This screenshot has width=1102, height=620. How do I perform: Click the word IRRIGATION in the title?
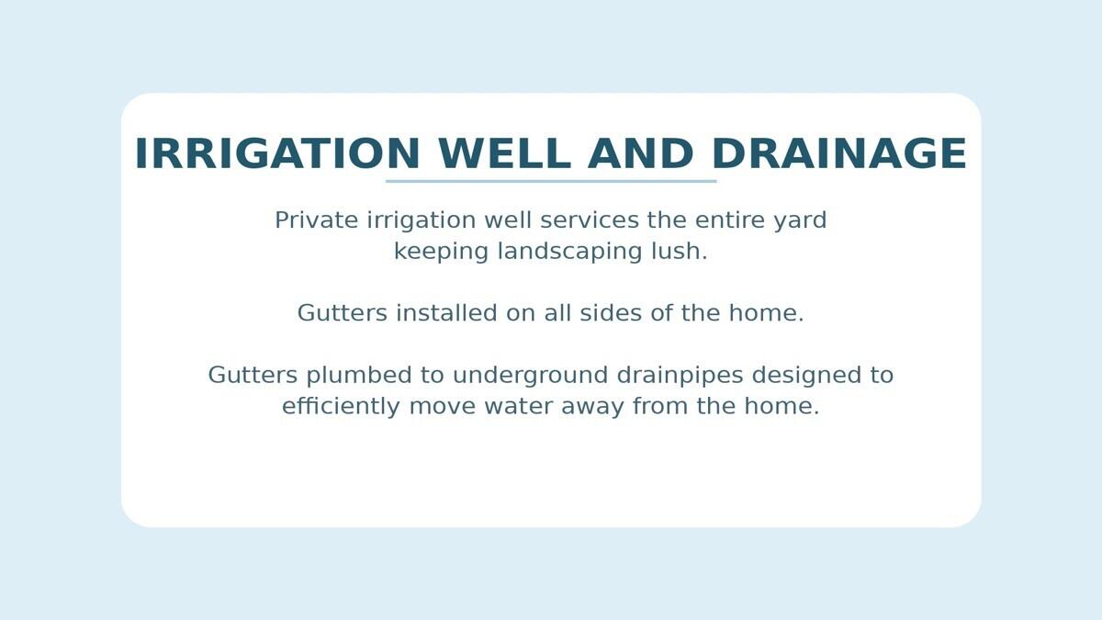[277, 153]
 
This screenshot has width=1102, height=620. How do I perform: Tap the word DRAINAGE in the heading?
[839, 153]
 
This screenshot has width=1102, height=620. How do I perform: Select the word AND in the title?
[641, 153]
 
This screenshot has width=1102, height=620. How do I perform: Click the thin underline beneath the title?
[551, 181]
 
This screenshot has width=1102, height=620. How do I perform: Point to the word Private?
[316, 220]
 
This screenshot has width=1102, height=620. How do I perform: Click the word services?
[590, 220]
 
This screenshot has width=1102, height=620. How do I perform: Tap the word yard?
[800, 221]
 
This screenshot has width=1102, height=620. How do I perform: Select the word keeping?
[441, 253]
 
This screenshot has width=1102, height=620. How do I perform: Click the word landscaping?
[569, 253]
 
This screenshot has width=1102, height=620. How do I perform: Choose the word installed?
[446, 313]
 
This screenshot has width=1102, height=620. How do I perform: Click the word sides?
[611, 313]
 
